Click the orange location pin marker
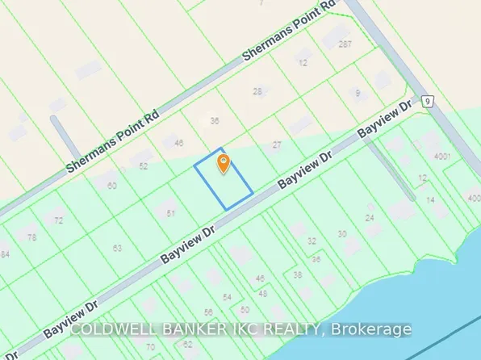tap(224, 164)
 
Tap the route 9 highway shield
tap(428, 102)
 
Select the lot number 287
tap(346, 44)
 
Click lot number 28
tap(257, 91)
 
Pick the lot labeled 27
tap(277, 145)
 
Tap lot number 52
tap(144, 166)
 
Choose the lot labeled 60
tap(111, 186)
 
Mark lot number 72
tap(58, 220)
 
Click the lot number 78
tap(31, 237)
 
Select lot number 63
tap(117, 248)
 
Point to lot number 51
tap(171, 213)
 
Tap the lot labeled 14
tap(431, 199)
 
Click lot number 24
tap(370, 218)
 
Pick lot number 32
tap(312, 241)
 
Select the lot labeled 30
tap(342, 234)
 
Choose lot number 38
tap(298, 274)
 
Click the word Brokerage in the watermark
tap(370, 329)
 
